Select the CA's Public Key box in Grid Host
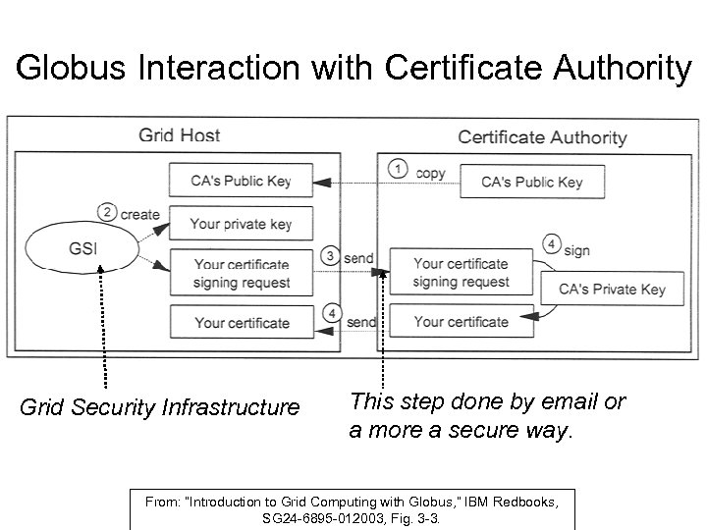point(241,181)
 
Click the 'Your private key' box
point(241,223)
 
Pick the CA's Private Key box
point(611,289)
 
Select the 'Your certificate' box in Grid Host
point(241,322)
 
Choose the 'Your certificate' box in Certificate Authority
point(461,321)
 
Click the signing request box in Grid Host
point(241,273)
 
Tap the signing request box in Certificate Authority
point(461,273)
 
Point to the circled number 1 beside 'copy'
point(397,168)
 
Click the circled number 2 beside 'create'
point(108,211)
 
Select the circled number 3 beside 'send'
point(332,256)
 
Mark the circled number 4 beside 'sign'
point(552,244)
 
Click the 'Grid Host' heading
point(179,135)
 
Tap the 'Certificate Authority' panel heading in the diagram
point(542,137)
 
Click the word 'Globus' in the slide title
point(74,68)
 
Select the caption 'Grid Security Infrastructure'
point(160,406)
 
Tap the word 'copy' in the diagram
point(430,173)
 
